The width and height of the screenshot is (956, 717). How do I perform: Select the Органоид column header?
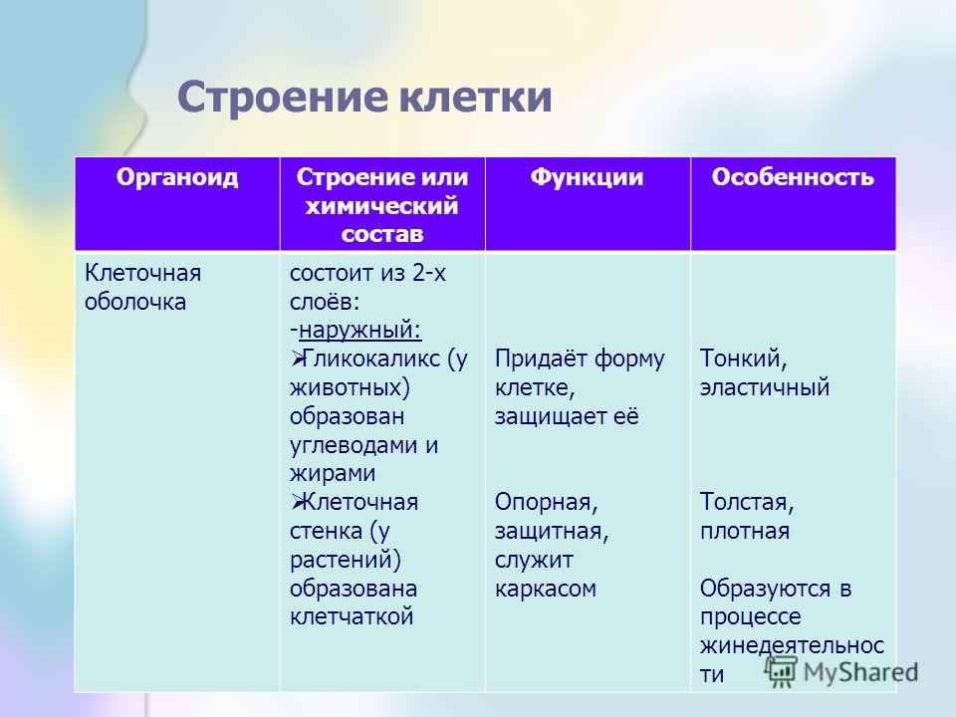pos(177,178)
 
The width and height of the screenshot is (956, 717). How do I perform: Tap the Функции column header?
pos(588,178)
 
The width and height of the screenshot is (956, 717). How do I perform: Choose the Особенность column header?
pos(794,178)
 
